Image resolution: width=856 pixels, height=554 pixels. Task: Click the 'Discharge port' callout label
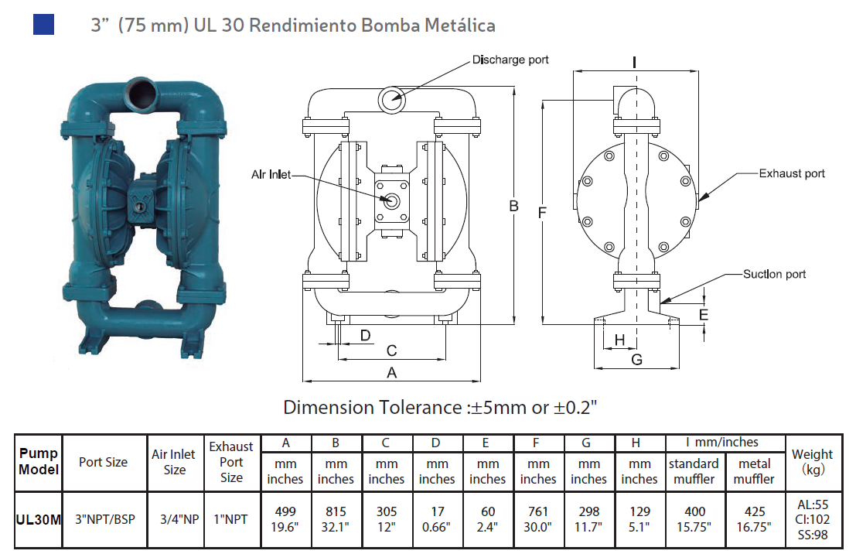pos(510,60)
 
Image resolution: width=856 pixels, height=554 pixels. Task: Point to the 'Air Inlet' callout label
pos(271,175)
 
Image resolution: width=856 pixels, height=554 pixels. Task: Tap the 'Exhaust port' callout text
pos(792,173)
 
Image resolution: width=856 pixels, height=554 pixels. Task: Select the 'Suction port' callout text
pos(774,274)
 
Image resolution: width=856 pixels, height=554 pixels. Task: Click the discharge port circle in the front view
pos(391,99)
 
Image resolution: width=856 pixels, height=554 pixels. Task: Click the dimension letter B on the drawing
pos(513,206)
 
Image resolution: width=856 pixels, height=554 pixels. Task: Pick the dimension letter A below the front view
pos(391,372)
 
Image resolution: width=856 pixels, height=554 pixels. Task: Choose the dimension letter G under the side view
pos(636,359)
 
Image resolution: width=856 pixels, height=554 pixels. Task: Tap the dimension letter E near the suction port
pos(703,314)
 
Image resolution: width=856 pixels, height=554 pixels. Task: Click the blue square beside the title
pos(43,24)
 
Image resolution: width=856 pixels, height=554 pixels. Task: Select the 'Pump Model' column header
pos(39,461)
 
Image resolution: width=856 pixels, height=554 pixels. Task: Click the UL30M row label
pos(39,519)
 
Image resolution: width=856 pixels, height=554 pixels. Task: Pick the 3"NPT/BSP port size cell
pos(104,519)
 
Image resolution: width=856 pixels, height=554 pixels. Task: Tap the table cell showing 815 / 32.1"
pos(336,518)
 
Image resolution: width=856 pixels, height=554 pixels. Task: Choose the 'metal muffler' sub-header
pos(754,471)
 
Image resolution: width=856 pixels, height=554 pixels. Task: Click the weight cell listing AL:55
pos(813,504)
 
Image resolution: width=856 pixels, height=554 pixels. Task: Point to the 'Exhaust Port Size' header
pos(231,462)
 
